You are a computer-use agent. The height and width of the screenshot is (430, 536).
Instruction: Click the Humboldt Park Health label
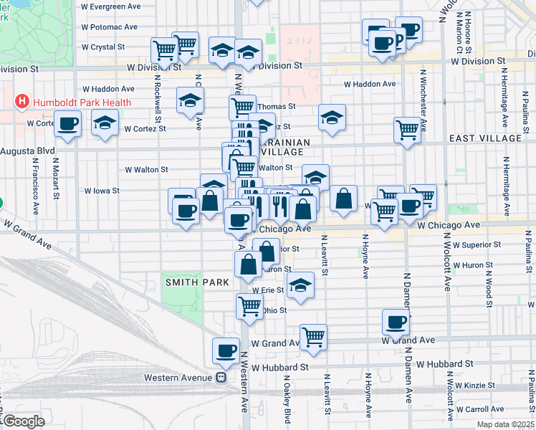coord(80,102)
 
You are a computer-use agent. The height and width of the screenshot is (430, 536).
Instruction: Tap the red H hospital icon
coord(21,102)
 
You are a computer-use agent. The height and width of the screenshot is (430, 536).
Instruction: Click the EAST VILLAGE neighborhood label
coord(485,138)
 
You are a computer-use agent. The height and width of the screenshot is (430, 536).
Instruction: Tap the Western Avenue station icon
coord(222,378)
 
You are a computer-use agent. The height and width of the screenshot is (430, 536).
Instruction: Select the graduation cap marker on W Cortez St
coord(105,124)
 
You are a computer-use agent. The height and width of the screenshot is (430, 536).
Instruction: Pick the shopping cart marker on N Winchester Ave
coord(407,130)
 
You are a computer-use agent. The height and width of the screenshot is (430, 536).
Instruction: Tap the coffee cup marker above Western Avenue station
coord(226,351)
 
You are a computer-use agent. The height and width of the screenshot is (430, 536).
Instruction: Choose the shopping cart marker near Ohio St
coord(249,306)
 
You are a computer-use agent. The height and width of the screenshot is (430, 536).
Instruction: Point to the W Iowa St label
coord(101,191)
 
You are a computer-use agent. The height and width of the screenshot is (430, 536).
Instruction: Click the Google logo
coord(24,421)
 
